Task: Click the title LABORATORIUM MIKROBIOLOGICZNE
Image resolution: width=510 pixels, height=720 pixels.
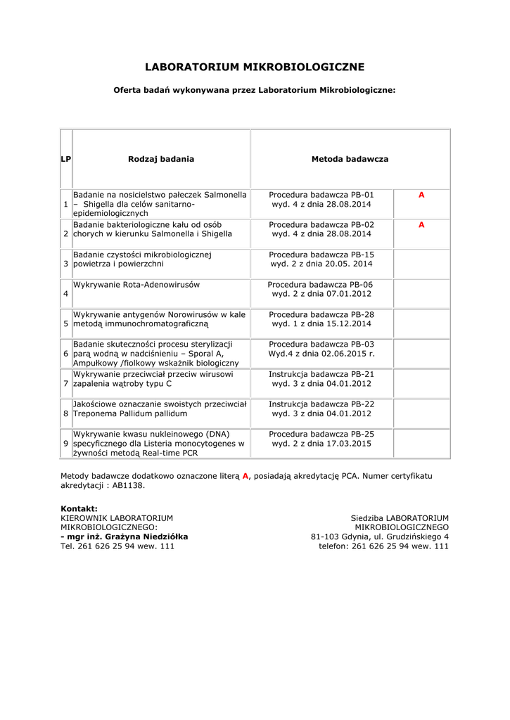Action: point(255,67)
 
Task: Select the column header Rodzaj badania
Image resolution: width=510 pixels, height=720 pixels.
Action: point(161,160)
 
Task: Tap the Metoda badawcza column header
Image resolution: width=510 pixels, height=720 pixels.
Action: point(350,160)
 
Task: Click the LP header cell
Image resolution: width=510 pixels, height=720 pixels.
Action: point(66,160)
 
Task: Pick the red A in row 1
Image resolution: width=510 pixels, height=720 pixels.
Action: point(421,195)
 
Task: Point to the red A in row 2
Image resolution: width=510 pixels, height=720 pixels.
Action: point(421,225)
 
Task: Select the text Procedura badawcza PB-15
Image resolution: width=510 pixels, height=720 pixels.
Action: point(321,255)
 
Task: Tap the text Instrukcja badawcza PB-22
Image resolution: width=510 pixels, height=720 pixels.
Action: point(321,404)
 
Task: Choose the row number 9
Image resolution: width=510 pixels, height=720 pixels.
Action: point(66,444)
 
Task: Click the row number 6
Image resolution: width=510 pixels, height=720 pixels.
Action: point(66,354)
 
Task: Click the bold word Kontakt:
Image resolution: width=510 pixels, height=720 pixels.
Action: point(79,508)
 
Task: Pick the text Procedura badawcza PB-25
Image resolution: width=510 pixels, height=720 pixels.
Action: point(321,434)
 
